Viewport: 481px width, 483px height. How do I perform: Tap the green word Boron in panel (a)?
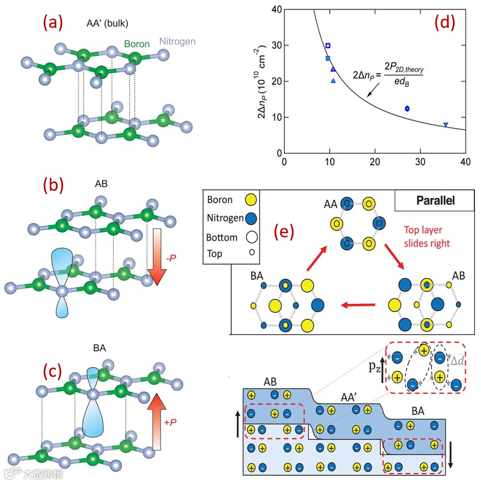click(137, 44)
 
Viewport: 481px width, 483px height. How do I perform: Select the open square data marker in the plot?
click(328, 46)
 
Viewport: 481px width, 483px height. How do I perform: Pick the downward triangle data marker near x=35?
click(446, 125)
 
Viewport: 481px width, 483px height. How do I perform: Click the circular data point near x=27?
click(407, 108)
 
